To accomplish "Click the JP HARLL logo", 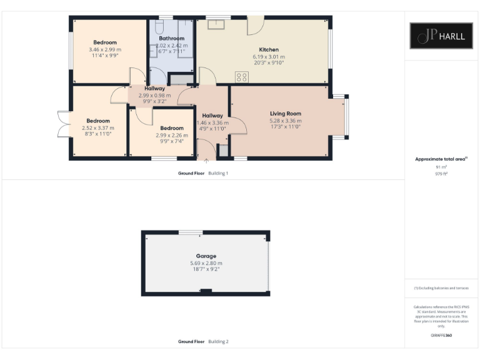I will click(x=441, y=36).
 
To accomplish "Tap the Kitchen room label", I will click(x=269, y=49).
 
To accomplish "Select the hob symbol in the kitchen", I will click(x=241, y=77).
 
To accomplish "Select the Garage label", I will click(x=206, y=256).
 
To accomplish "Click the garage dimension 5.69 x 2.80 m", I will click(x=206, y=263).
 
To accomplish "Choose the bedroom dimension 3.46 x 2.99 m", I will click(x=105, y=49).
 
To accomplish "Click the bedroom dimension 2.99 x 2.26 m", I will click(x=172, y=135).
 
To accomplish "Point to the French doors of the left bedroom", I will click(x=63, y=123).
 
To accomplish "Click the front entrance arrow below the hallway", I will click(x=206, y=161).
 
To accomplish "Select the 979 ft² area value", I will click(x=441, y=174).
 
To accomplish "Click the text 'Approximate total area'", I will click(x=440, y=159).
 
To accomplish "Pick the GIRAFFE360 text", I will click(x=441, y=336).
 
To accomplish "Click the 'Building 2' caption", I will click(x=218, y=342).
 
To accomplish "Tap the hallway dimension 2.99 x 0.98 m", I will click(x=154, y=96).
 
